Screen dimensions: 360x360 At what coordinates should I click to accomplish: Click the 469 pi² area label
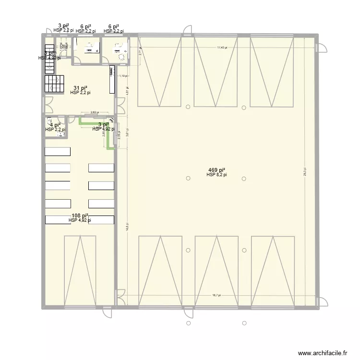[216, 170]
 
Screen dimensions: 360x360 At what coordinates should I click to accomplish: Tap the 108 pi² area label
[79, 216]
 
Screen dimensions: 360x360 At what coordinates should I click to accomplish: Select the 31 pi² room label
[80, 88]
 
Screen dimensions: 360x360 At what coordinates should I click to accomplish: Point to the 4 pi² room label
[55, 125]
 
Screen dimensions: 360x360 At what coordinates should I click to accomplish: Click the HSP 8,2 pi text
[216, 175]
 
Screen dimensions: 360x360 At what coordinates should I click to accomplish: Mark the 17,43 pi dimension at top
[221, 48]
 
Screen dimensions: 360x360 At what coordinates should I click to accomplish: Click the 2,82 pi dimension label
[95, 113]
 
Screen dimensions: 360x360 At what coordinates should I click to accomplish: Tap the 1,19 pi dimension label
[123, 76]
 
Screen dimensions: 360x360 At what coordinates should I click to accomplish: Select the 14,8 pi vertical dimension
[127, 226]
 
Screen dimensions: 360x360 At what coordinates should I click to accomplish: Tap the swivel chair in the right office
[121, 57]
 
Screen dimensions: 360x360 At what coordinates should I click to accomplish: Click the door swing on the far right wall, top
[322, 46]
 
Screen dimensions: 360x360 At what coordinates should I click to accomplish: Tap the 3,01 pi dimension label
[127, 134]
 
